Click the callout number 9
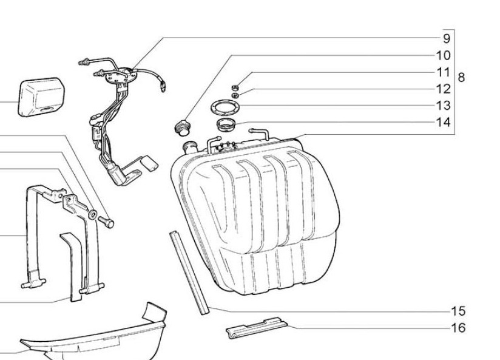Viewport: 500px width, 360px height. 447,39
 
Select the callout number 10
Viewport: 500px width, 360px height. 443,55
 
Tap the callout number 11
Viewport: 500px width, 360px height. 443,72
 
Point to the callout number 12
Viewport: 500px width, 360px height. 443,89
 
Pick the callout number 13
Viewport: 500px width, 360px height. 443,106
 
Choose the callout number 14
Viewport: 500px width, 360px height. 443,122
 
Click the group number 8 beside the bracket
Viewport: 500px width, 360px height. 461,77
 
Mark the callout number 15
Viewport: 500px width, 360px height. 458,311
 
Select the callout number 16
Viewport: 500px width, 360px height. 458,328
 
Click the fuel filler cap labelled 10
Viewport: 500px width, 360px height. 182,128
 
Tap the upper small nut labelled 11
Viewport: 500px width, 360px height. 235,87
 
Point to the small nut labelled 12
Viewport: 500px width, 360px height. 235,95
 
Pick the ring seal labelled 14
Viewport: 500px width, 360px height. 226,124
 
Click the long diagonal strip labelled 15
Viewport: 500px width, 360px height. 189,273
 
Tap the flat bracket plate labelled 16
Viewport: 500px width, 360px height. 257,328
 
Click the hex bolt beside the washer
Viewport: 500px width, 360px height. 107,222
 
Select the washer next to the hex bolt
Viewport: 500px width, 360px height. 92,214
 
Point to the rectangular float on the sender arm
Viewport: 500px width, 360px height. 149,163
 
